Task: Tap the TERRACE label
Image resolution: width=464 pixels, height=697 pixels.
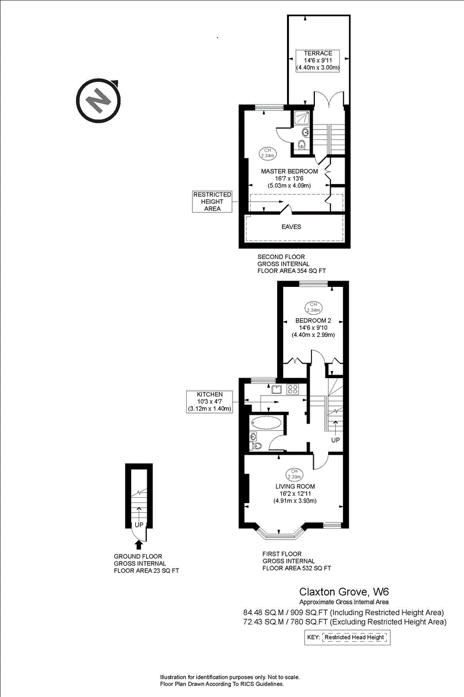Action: coord(318,53)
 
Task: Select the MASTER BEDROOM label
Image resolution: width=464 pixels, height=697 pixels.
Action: coord(289,171)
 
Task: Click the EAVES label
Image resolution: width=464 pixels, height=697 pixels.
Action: coord(291,227)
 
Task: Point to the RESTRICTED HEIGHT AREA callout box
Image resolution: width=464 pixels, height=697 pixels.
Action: coord(212,202)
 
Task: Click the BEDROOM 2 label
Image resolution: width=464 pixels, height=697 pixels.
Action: coord(313,321)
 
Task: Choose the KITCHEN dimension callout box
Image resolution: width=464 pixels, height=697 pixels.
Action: coord(209,401)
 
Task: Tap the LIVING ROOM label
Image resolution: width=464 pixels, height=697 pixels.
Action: coord(295,486)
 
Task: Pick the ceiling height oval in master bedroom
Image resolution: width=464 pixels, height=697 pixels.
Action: coord(267,153)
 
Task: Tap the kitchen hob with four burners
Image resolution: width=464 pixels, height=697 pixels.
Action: coord(292,390)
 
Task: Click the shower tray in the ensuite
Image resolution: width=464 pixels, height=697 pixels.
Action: coord(300,118)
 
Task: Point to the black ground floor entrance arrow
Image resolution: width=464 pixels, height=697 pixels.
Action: coord(138,544)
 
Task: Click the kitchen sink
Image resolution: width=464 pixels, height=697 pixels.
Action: coord(276,390)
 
